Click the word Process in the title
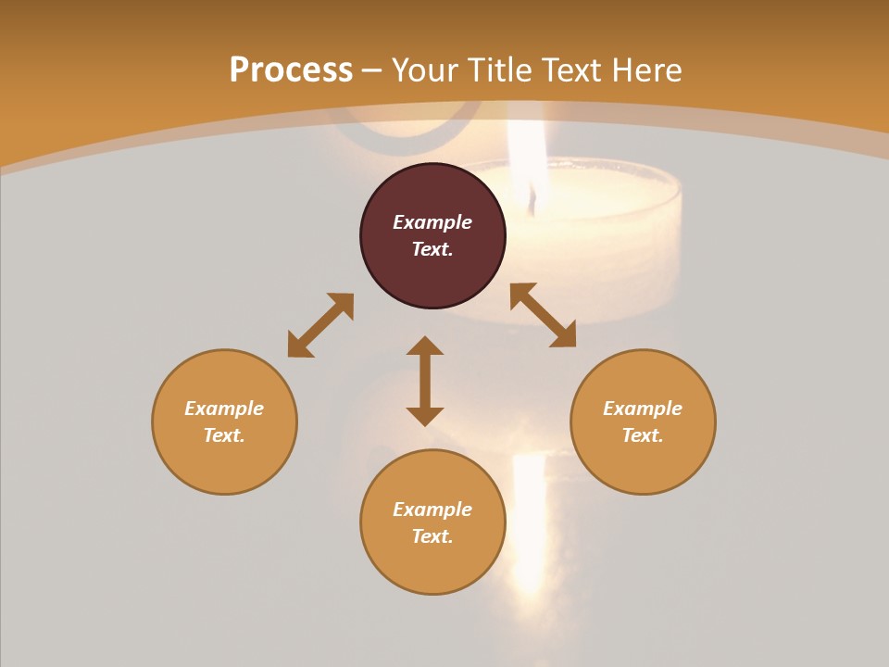[291, 70]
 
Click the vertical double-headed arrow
[425, 381]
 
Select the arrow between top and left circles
[320, 325]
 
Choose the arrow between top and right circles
[543, 315]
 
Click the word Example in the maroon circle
[432, 222]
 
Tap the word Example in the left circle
[224, 409]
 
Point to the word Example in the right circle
[643, 409]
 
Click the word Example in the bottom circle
[432, 510]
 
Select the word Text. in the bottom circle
[432, 536]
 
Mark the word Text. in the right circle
[643, 435]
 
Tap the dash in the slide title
[372, 70]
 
